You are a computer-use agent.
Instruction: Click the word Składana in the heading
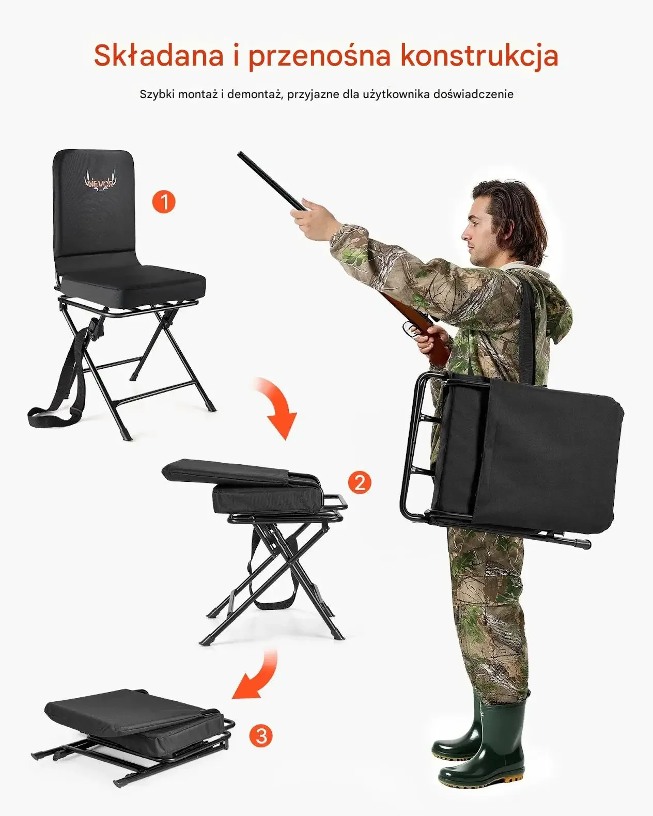pos(159,55)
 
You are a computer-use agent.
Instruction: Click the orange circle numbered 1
pos(164,201)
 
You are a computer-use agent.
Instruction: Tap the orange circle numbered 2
pos(360,483)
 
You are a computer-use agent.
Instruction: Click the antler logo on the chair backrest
pos(100,181)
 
